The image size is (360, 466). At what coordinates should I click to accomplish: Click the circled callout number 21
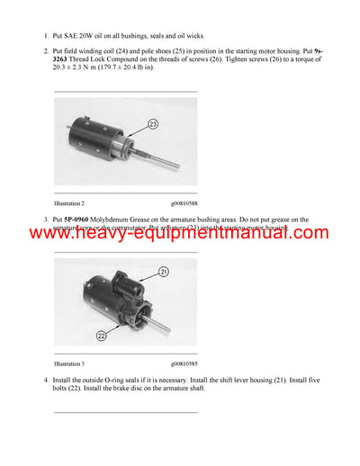[x=165, y=271]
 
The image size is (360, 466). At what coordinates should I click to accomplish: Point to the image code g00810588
[x=185, y=204]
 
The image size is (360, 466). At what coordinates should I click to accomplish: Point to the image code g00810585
[x=185, y=363]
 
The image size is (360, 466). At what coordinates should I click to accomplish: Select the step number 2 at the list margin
[x=46, y=51]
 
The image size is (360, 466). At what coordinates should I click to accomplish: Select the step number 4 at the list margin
[x=46, y=381]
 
